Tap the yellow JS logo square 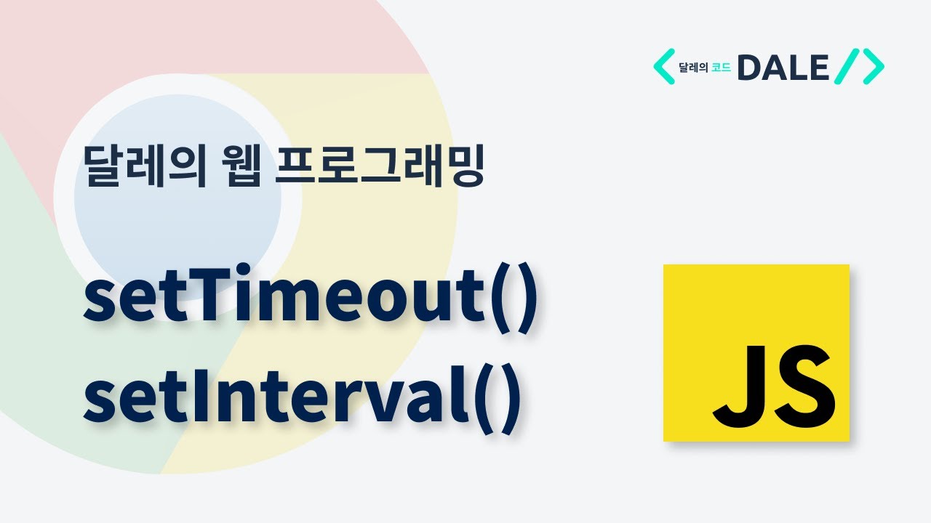coord(756,353)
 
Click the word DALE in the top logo coord(783,68)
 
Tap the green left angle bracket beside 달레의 coord(663,67)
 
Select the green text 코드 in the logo coord(721,68)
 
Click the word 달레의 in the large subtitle coord(143,166)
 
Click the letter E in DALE coord(818,68)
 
